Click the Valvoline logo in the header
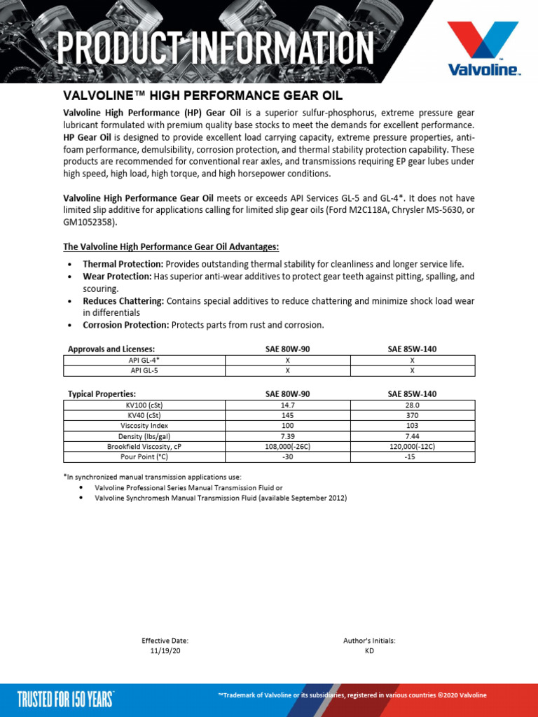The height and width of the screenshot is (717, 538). click(484, 48)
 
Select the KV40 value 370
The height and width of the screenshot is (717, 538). click(412, 415)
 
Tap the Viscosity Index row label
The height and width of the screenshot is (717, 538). click(144, 426)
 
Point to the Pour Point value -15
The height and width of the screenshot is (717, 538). click(412, 457)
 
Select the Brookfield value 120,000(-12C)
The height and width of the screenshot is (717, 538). click(412, 446)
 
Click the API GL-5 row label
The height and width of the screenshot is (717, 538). click(144, 370)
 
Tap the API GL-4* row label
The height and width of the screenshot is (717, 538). click(144, 360)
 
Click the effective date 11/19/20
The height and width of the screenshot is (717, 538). click(165, 650)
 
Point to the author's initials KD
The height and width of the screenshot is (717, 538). click(369, 650)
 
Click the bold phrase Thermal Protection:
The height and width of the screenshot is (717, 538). click(123, 264)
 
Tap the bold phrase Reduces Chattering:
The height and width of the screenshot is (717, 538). click(123, 301)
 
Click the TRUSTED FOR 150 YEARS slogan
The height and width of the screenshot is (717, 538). click(65, 698)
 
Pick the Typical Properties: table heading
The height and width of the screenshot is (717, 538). click(102, 394)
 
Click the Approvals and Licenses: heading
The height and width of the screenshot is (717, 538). click(111, 349)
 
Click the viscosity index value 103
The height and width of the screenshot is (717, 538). click(412, 426)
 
